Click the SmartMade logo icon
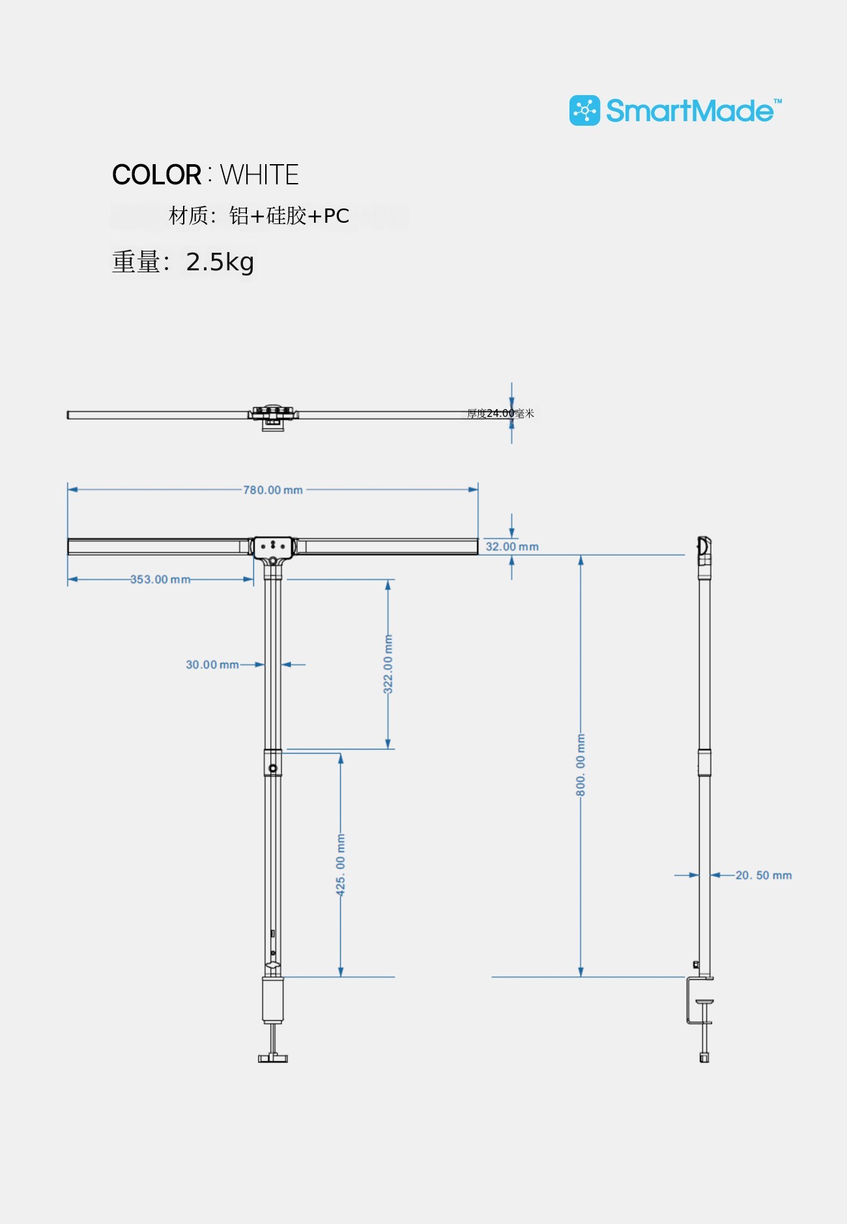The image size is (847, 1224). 584,111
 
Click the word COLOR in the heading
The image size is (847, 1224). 156,175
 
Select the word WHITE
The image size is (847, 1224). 259,175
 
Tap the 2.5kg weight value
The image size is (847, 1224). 220,263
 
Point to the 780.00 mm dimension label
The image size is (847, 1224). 273,490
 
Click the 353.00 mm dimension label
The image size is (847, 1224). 160,579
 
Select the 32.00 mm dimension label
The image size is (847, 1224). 512,547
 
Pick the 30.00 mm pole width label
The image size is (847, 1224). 212,664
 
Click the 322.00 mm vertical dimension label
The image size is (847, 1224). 388,664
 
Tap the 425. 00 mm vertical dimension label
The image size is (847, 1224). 341,864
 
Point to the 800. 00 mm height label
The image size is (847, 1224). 581,765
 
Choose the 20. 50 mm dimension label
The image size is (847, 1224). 764,875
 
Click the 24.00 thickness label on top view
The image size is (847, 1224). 500,413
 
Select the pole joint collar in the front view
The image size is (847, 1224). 273,763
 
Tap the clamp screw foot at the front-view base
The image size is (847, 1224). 273,1057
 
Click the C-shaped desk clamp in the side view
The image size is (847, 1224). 698,1000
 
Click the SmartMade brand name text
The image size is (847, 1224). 690,111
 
